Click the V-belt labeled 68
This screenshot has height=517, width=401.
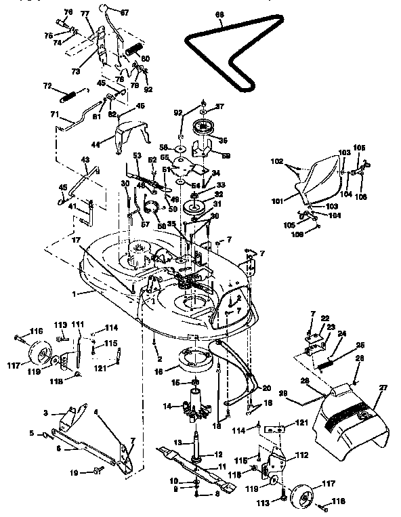[x=203, y=43]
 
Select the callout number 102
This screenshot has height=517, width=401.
[x=276, y=162]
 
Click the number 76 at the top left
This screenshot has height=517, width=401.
[x=68, y=12]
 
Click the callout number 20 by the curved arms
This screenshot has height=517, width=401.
[x=266, y=388]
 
